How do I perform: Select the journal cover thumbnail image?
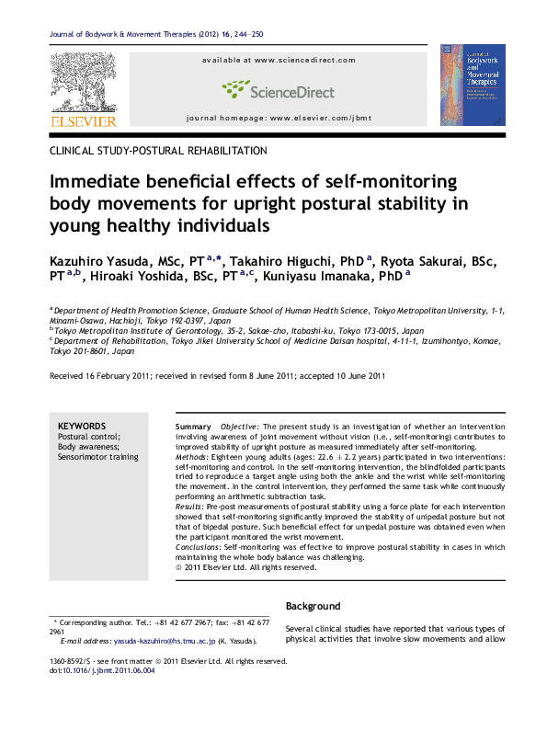pyautogui.click(x=473, y=85)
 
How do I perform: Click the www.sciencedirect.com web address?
pyautogui.click(x=304, y=60)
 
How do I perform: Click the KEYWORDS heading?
pyautogui.click(x=82, y=427)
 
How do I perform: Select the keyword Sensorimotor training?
pyautogui.click(x=97, y=457)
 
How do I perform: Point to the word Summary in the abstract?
pyautogui.click(x=193, y=428)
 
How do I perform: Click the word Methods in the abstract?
pyautogui.click(x=191, y=457)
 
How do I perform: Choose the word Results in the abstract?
pyautogui.click(x=190, y=507)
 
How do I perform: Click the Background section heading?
pyautogui.click(x=313, y=607)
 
